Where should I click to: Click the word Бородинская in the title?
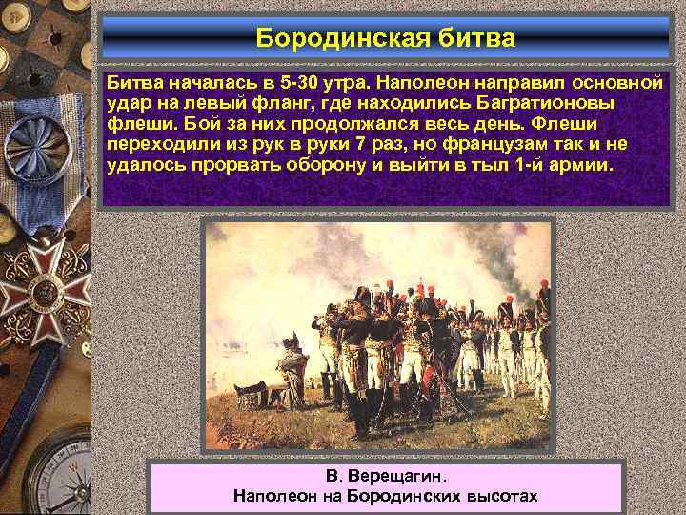coord(347,39)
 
